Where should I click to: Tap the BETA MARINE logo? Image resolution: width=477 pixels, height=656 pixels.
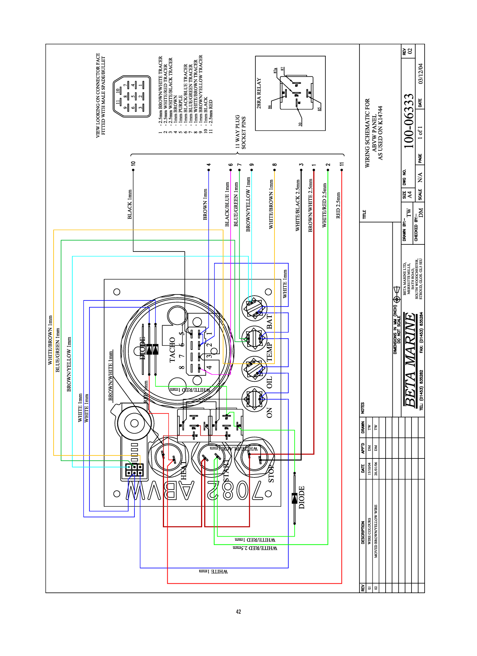point(410,360)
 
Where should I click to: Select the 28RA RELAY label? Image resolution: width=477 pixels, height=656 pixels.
point(259,93)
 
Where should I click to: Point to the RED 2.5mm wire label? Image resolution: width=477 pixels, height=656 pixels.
point(338,205)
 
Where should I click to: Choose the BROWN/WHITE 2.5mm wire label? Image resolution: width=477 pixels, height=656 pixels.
point(310,205)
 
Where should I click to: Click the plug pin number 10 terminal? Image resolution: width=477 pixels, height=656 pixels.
point(133,170)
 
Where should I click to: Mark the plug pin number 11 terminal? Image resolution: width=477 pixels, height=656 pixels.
point(341,170)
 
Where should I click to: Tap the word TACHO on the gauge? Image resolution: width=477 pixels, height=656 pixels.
point(172,350)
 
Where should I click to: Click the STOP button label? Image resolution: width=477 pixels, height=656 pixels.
point(271,473)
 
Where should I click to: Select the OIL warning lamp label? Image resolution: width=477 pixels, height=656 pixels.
point(270,382)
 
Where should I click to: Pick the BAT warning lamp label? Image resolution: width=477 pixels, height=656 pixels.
point(270,322)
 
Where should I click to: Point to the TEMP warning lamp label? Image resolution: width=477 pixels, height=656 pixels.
point(270,352)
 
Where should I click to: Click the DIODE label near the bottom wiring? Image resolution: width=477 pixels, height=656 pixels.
point(302,497)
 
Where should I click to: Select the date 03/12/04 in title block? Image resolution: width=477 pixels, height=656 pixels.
point(420,73)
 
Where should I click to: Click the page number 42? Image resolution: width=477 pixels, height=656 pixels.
point(238,612)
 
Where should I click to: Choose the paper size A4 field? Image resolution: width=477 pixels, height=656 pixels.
point(410,195)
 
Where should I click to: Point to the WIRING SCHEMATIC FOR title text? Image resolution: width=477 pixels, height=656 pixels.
point(367,132)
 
